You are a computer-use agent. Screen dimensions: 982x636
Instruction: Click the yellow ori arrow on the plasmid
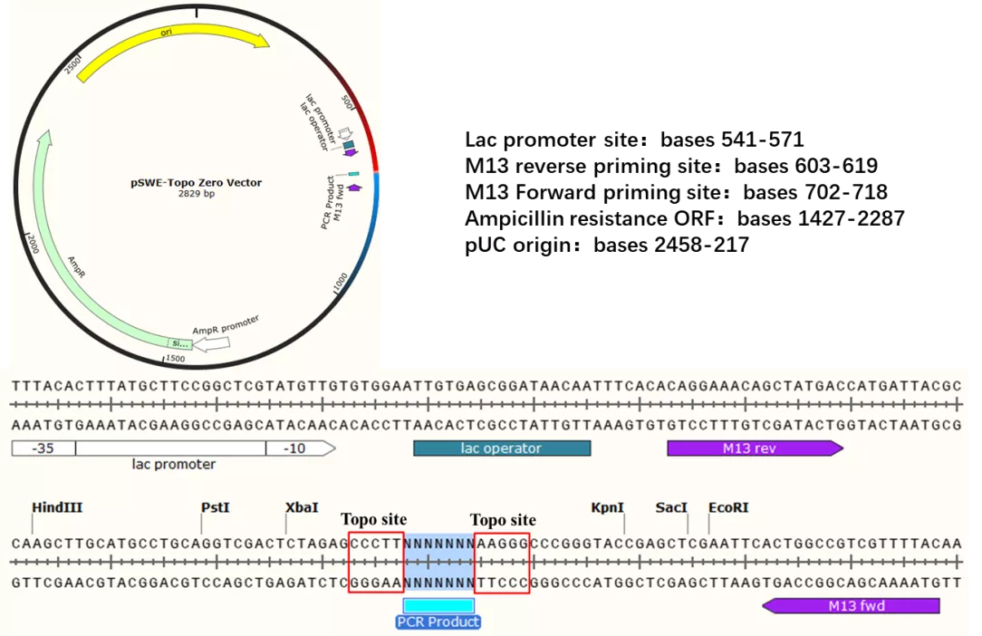coord(169,39)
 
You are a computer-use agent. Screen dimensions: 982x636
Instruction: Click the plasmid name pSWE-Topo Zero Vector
coord(196,182)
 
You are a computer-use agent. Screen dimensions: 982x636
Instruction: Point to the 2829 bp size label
coord(196,194)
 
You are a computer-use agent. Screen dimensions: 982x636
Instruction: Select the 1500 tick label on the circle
coord(175,359)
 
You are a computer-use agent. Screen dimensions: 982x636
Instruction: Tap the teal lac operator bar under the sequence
coord(502,448)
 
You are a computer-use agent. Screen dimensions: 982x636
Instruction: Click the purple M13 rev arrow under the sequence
coord(756,448)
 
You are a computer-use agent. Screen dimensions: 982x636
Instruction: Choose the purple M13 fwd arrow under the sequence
coord(851,606)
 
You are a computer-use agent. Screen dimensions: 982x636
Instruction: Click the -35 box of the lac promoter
coord(43,448)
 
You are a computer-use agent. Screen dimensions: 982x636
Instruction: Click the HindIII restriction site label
coord(57,507)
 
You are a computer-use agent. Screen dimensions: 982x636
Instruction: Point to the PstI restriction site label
coord(216,507)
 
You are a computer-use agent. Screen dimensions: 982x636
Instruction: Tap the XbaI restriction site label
coord(302,507)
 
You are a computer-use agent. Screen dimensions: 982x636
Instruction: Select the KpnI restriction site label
coord(608,507)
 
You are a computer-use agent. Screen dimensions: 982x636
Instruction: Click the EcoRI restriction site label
coord(728,507)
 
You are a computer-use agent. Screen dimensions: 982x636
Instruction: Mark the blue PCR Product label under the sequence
coord(438,622)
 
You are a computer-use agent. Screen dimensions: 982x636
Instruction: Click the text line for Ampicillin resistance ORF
coord(685,218)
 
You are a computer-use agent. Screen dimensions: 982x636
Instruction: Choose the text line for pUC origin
coord(607,245)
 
